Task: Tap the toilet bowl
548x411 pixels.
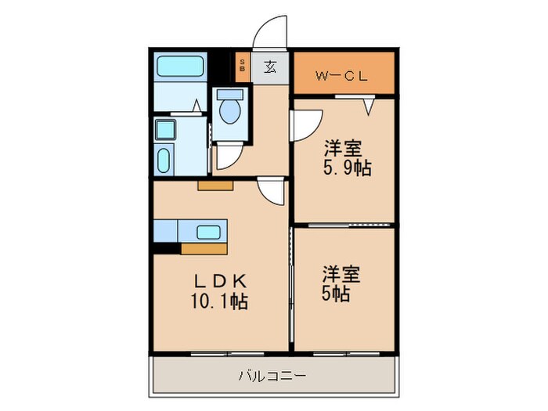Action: click(230, 110)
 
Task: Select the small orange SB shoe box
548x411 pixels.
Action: click(242, 66)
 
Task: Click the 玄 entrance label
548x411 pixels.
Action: click(269, 67)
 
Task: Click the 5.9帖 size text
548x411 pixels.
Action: click(345, 168)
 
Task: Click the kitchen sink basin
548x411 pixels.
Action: click(208, 232)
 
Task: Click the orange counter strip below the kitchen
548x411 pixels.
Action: click(204, 249)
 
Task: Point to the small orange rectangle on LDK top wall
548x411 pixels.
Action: click(215, 186)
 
